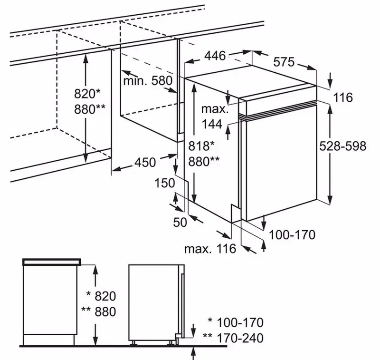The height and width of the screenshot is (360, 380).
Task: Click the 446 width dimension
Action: click(x=215, y=56)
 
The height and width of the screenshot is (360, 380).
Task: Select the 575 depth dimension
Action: click(x=284, y=62)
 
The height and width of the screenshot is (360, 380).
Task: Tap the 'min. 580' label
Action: click(x=147, y=81)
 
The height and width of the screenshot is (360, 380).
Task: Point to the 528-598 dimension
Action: click(x=343, y=146)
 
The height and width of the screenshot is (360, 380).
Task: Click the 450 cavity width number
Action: click(x=145, y=162)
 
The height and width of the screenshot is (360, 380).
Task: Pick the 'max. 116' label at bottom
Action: click(x=210, y=248)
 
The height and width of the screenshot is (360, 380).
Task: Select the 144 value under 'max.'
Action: click(x=212, y=124)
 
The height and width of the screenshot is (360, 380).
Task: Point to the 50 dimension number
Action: click(x=180, y=222)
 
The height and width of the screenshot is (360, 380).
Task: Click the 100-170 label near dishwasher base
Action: click(x=292, y=234)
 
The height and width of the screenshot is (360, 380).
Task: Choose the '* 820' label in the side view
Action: click(x=99, y=296)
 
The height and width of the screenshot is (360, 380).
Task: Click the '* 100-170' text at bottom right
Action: click(x=235, y=323)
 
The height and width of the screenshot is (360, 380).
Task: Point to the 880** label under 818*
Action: click(x=204, y=161)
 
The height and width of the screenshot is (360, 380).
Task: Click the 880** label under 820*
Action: click(x=90, y=108)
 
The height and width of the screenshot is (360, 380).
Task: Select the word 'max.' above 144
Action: click(x=214, y=109)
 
